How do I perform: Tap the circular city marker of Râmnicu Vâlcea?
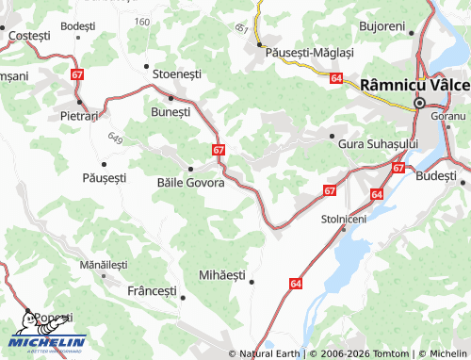click(x=419, y=103)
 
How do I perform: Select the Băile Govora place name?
click(x=191, y=183)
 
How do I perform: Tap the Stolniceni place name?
click(x=343, y=218)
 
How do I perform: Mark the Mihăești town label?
click(x=221, y=275)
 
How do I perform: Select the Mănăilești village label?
click(x=103, y=266)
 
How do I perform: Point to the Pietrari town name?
click(x=78, y=115)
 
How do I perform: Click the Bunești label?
click(x=171, y=111)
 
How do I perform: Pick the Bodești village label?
click(x=78, y=25)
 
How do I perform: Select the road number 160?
click(x=141, y=22)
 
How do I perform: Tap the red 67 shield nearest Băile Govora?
click(x=219, y=150)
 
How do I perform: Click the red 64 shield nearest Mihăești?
click(x=296, y=283)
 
